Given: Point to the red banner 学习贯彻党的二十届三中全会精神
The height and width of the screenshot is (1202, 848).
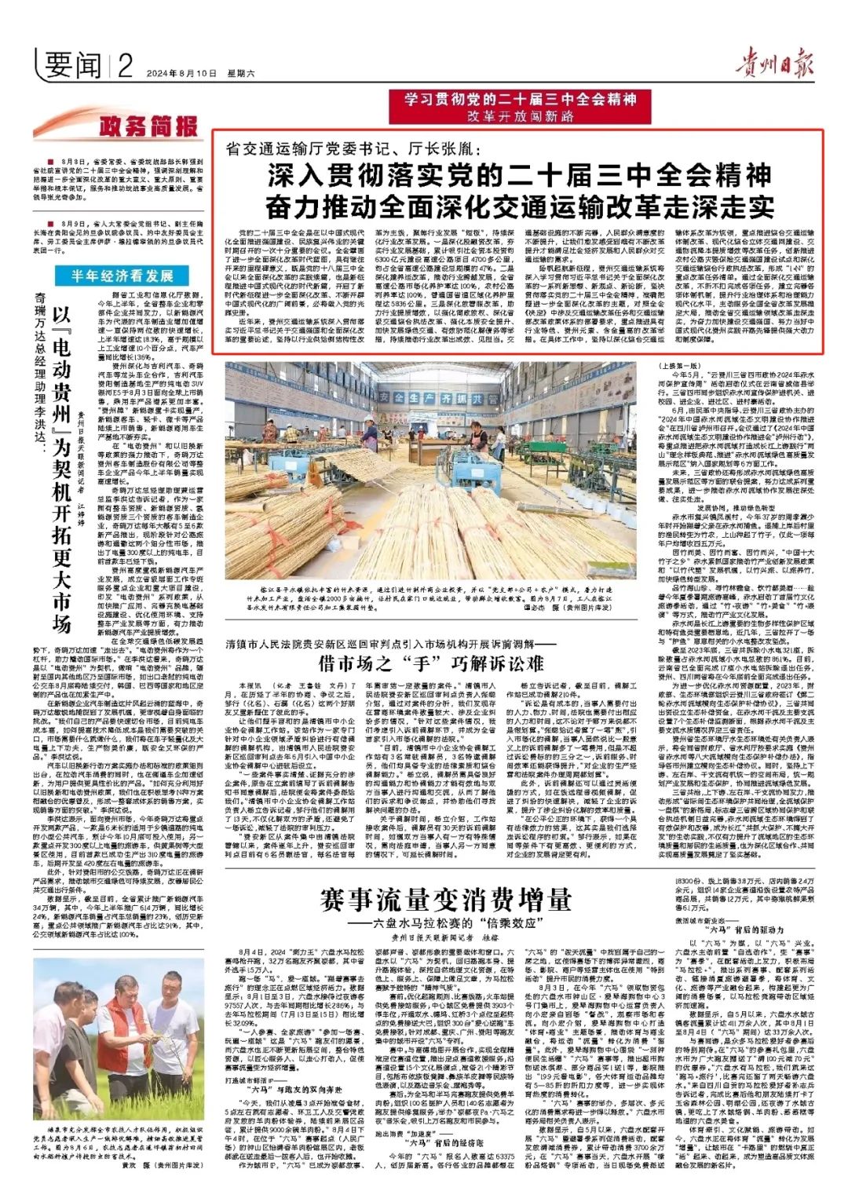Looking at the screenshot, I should click(521, 100).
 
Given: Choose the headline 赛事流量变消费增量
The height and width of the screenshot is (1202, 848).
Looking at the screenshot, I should click(445, 898).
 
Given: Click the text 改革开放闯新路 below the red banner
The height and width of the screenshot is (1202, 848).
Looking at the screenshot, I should click(521, 116).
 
